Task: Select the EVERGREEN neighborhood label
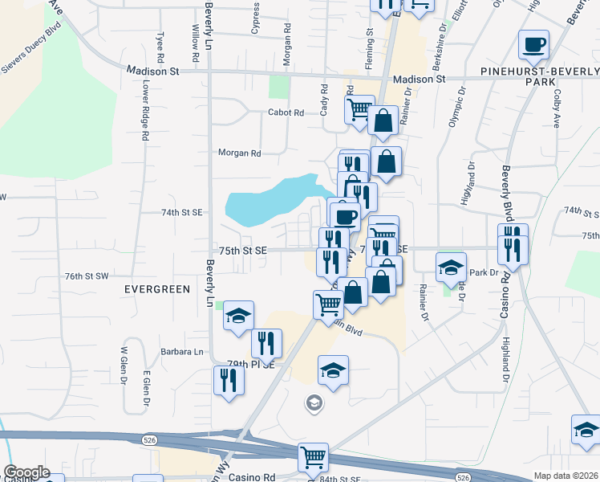pos(157,288)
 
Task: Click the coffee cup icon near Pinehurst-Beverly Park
pos(533,45)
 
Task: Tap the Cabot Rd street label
pos(286,113)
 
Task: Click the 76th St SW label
pos(87,276)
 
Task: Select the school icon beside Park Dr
pos(452,268)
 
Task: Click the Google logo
pos(26,472)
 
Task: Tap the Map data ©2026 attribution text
pos(566,476)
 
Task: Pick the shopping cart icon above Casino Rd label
pos(312,458)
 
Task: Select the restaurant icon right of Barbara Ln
pos(266,343)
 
